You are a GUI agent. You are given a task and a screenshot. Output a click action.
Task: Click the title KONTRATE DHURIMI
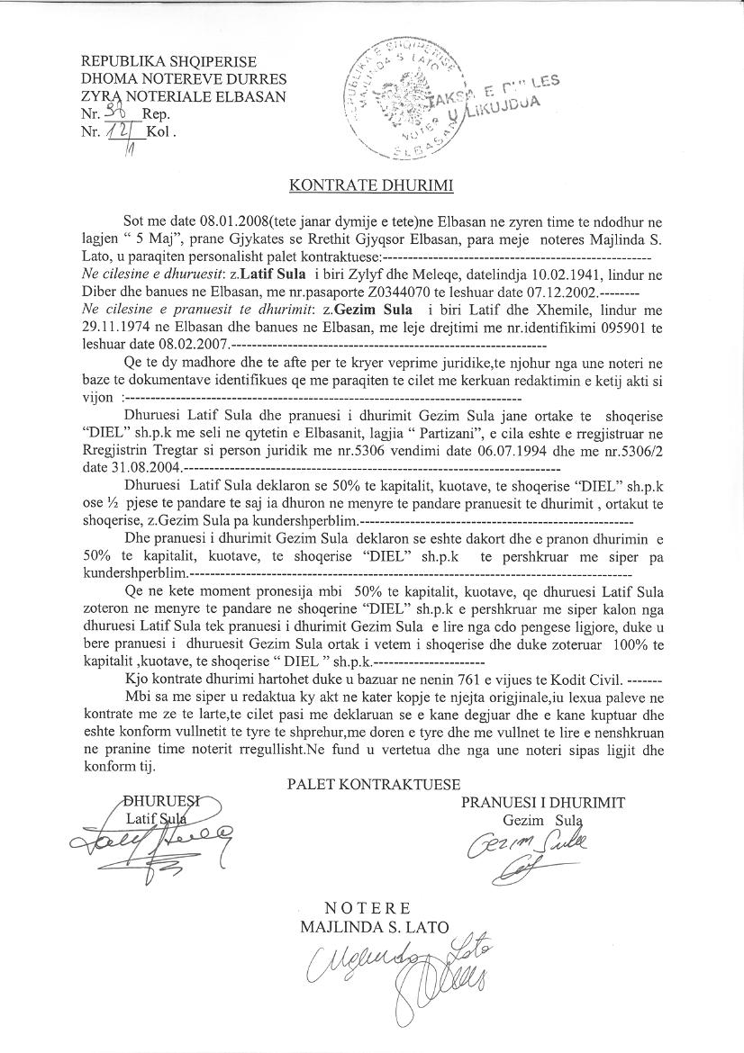(370, 186)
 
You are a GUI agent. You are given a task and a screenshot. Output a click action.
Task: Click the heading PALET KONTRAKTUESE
(374, 784)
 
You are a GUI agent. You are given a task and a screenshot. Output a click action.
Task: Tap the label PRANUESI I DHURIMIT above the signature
(543, 802)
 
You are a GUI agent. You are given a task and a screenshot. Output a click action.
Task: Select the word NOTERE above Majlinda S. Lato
(367, 906)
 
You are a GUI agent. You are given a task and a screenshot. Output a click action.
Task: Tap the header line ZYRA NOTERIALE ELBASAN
(184, 95)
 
